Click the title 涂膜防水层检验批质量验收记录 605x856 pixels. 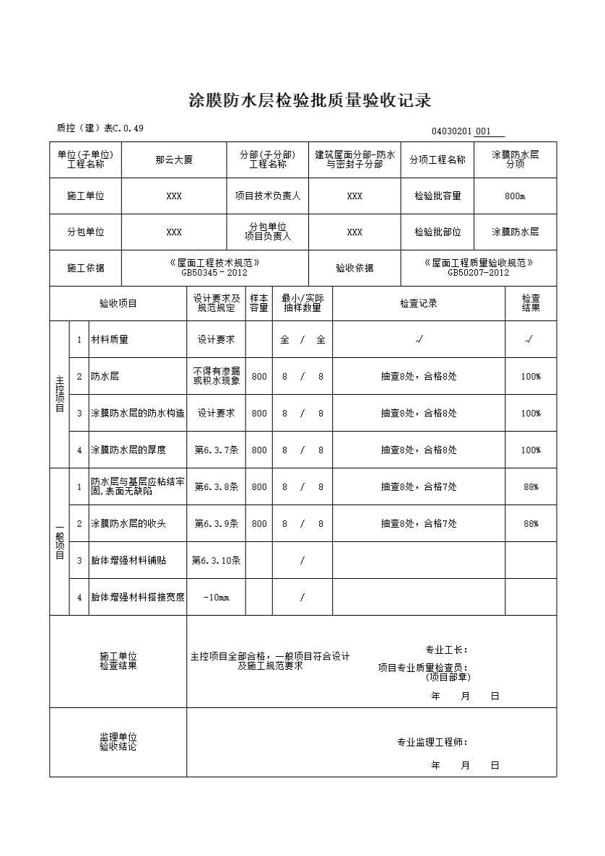pyautogui.click(x=309, y=100)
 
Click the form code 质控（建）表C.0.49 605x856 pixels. pyautogui.click(x=100, y=128)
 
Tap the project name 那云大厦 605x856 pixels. pyautogui.click(x=174, y=160)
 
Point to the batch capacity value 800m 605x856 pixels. pyautogui.click(x=515, y=196)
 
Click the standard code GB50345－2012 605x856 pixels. pyautogui.click(x=214, y=273)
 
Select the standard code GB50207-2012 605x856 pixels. pyautogui.click(x=479, y=273)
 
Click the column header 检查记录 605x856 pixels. pyautogui.click(x=419, y=303)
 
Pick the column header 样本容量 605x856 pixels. pyautogui.click(x=259, y=303)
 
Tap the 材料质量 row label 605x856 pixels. pyautogui.click(x=110, y=339)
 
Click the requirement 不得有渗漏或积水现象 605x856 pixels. pyautogui.click(x=216, y=376)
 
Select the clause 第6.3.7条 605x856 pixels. pyautogui.click(x=216, y=450)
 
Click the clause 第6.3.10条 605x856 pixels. pyautogui.click(x=216, y=560)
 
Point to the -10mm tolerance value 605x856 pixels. pyautogui.click(x=216, y=597)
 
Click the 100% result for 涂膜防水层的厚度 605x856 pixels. pyautogui.click(x=531, y=450)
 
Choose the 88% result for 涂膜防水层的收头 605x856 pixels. pyautogui.click(x=531, y=523)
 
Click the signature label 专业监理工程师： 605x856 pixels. pyautogui.click(x=432, y=742)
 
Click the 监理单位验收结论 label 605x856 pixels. pyautogui.click(x=118, y=742)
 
